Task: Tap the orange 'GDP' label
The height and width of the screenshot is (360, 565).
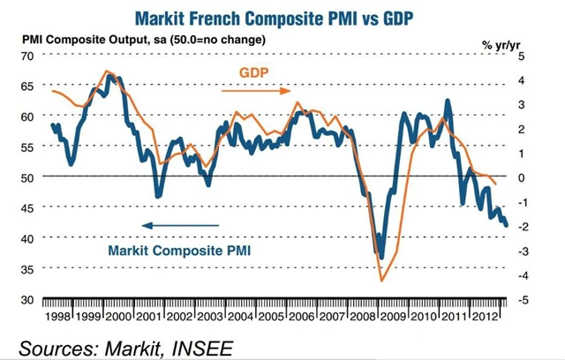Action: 256,71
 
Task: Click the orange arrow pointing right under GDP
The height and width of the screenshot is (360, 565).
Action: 255,90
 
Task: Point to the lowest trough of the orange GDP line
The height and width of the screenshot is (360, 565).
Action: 382,281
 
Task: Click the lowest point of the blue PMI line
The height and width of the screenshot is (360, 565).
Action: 380,258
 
